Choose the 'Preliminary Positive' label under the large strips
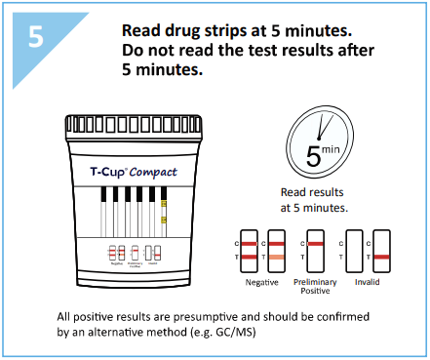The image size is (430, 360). (x=314, y=287)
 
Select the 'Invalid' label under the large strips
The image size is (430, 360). (x=368, y=282)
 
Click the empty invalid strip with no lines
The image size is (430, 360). (x=356, y=250)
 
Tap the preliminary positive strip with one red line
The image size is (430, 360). (x=315, y=250)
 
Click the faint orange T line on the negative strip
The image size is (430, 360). (x=276, y=256)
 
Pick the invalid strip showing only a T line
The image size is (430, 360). (x=380, y=250)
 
